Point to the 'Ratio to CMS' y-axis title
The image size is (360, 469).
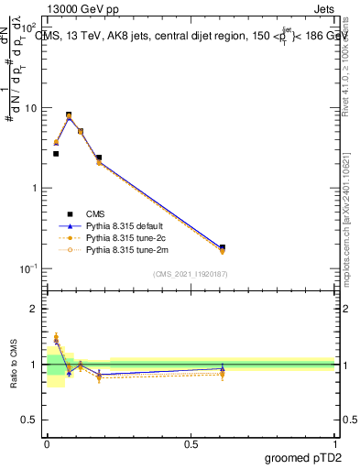pyautogui.click(x=13, y=364)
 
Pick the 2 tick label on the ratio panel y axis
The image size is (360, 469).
pyautogui.click(x=37, y=309)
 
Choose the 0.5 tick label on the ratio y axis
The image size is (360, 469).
pyautogui.click(x=32, y=420)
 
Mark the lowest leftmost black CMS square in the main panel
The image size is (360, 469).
pyautogui.click(x=56, y=154)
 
